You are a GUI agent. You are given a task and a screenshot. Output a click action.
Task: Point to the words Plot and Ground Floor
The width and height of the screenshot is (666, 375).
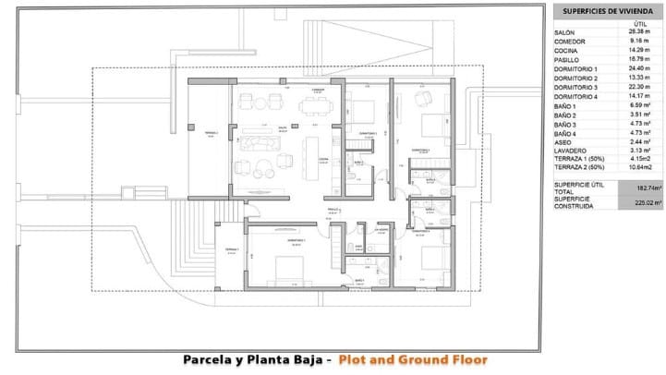point(412,360)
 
